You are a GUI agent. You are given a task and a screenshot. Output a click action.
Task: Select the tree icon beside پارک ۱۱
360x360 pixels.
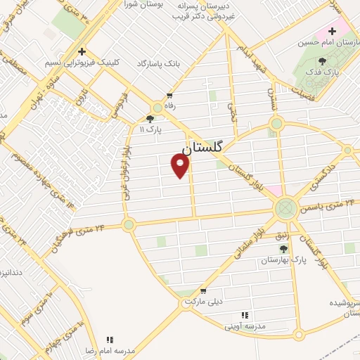tap(150, 119)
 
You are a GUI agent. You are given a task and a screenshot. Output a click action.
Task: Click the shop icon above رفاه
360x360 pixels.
tap(169, 96)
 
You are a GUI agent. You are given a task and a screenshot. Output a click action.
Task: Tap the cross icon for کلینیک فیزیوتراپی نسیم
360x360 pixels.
tap(82, 51)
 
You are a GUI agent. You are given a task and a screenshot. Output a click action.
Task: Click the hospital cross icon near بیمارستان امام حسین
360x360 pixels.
tap(332, 32)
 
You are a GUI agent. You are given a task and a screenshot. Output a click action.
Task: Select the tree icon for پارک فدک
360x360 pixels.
tap(322, 61)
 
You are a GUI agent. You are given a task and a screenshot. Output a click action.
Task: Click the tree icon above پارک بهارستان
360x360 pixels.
tap(283, 249)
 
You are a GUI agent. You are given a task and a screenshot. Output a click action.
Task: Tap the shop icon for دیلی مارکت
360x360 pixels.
tap(203, 290)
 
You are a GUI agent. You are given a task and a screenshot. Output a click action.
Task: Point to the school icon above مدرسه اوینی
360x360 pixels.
tap(245, 315)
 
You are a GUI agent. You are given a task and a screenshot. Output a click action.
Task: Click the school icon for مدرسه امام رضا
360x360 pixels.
tap(109, 339)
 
